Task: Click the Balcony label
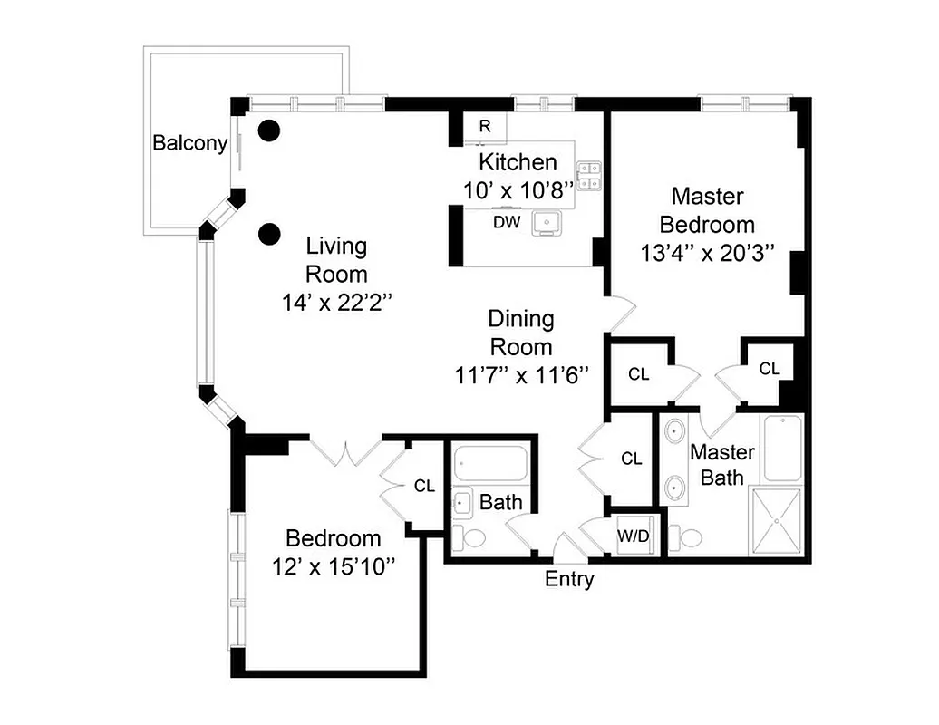pos(189,143)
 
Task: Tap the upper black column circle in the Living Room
pos(267,130)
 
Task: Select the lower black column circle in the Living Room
pos(267,235)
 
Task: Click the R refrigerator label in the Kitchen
pos(485,126)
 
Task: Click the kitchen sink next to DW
pos(547,221)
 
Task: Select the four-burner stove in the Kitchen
pos(589,176)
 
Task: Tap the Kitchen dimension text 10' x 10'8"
pos(518,190)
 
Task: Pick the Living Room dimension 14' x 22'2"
pos(336,301)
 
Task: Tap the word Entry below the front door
pos(569,579)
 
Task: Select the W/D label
pos(634,536)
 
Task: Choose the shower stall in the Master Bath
pos(775,521)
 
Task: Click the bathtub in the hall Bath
pos(489,463)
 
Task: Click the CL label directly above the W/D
pos(632,459)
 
